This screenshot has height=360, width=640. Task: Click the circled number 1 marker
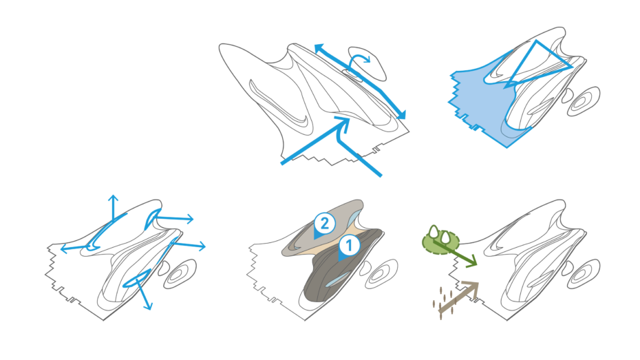tap(349, 246)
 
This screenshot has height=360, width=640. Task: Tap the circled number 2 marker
tap(325, 224)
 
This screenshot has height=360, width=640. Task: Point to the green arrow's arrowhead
tap(471, 262)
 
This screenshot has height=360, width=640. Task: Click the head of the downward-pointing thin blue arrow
tap(148, 306)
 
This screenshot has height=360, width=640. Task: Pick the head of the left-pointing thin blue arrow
tap(64, 248)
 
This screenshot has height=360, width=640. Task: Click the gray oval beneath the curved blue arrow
tap(367, 64)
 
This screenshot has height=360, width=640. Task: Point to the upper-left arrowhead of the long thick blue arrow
tap(319, 48)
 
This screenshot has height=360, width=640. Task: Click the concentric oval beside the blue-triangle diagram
tap(584, 102)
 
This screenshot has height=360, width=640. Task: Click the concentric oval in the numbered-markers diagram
tap(381, 274)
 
